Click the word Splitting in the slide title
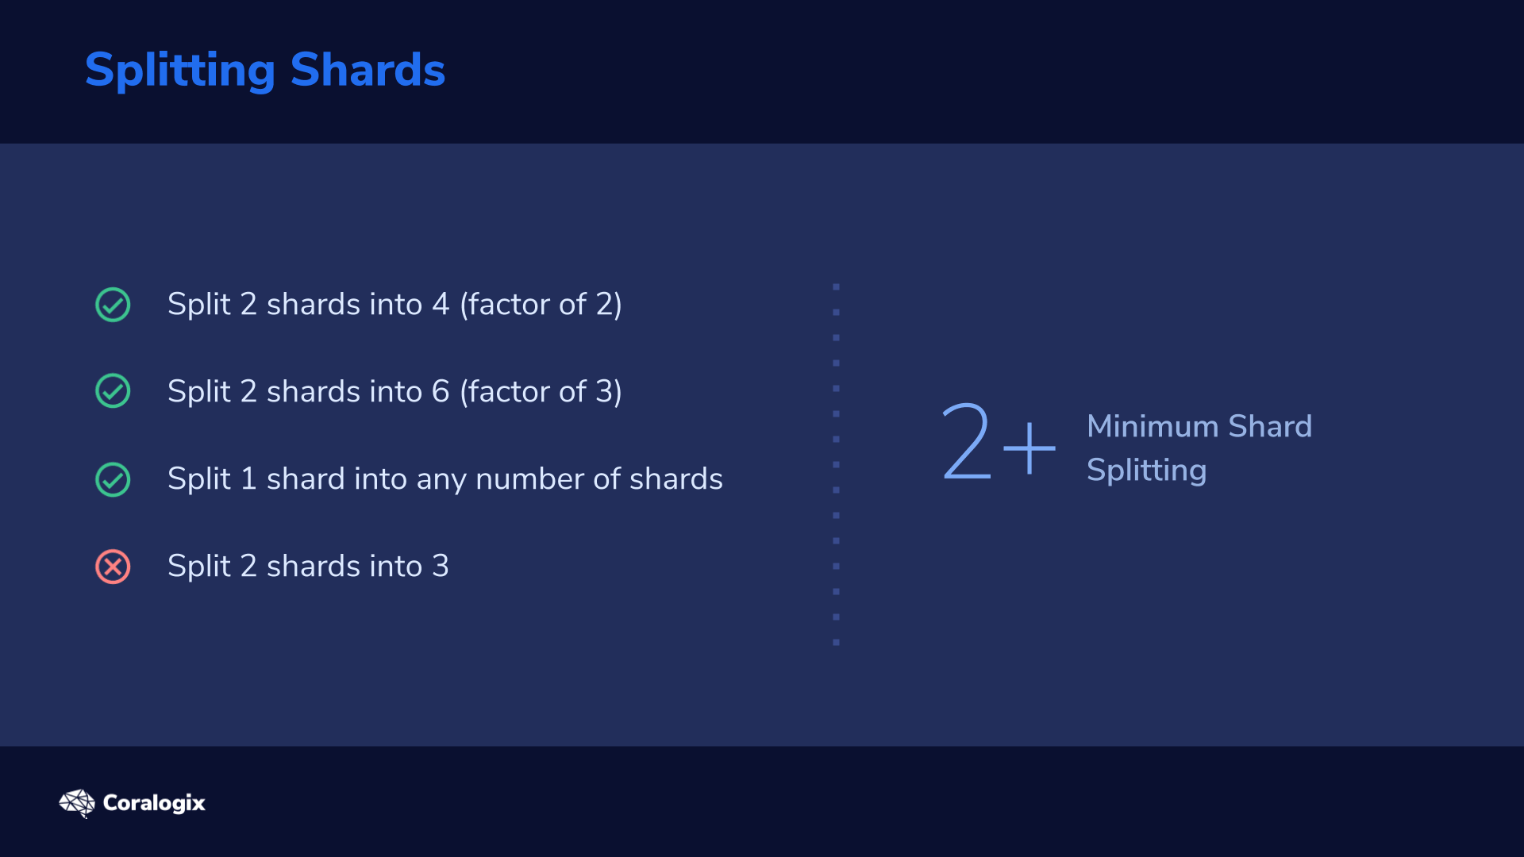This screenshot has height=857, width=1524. [x=180, y=71]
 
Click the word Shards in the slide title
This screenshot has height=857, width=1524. [x=368, y=69]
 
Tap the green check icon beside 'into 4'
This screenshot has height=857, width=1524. [x=113, y=305]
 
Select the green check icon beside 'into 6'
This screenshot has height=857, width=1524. [x=113, y=391]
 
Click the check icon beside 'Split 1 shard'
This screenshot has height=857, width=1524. [x=113, y=479]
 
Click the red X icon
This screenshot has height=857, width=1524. [x=113, y=567]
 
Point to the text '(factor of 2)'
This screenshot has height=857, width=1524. [x=541, y=305]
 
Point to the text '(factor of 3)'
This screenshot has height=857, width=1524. [x=541, y=392]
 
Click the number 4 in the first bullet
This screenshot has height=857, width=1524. [x=441, y=305]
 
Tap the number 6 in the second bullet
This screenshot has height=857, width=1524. [x=441, y=392]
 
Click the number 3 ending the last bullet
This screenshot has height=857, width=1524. [x=441, y=567]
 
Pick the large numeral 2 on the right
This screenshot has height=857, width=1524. [x=967, y=441]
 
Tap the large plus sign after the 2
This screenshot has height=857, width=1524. [x=1029, y=448]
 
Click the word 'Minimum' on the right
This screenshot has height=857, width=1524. [x=1153, y=427]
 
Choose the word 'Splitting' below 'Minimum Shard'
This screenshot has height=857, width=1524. [x=1147, y=471]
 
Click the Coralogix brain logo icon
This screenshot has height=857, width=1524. [x=77, y=803]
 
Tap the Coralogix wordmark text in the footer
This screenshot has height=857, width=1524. [x=154, y=803]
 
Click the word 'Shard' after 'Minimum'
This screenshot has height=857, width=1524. [x=1270, y=427]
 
